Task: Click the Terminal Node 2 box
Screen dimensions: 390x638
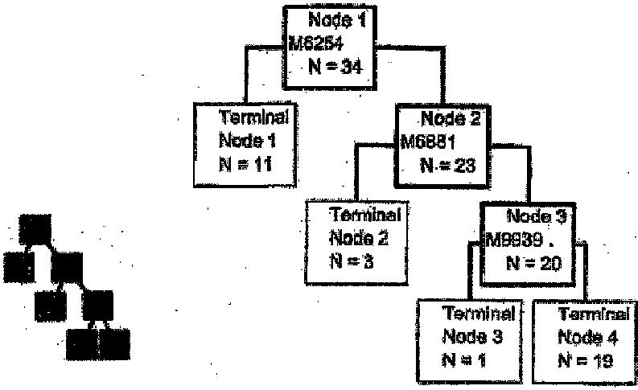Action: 354,242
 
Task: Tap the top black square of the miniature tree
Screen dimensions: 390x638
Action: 35,228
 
